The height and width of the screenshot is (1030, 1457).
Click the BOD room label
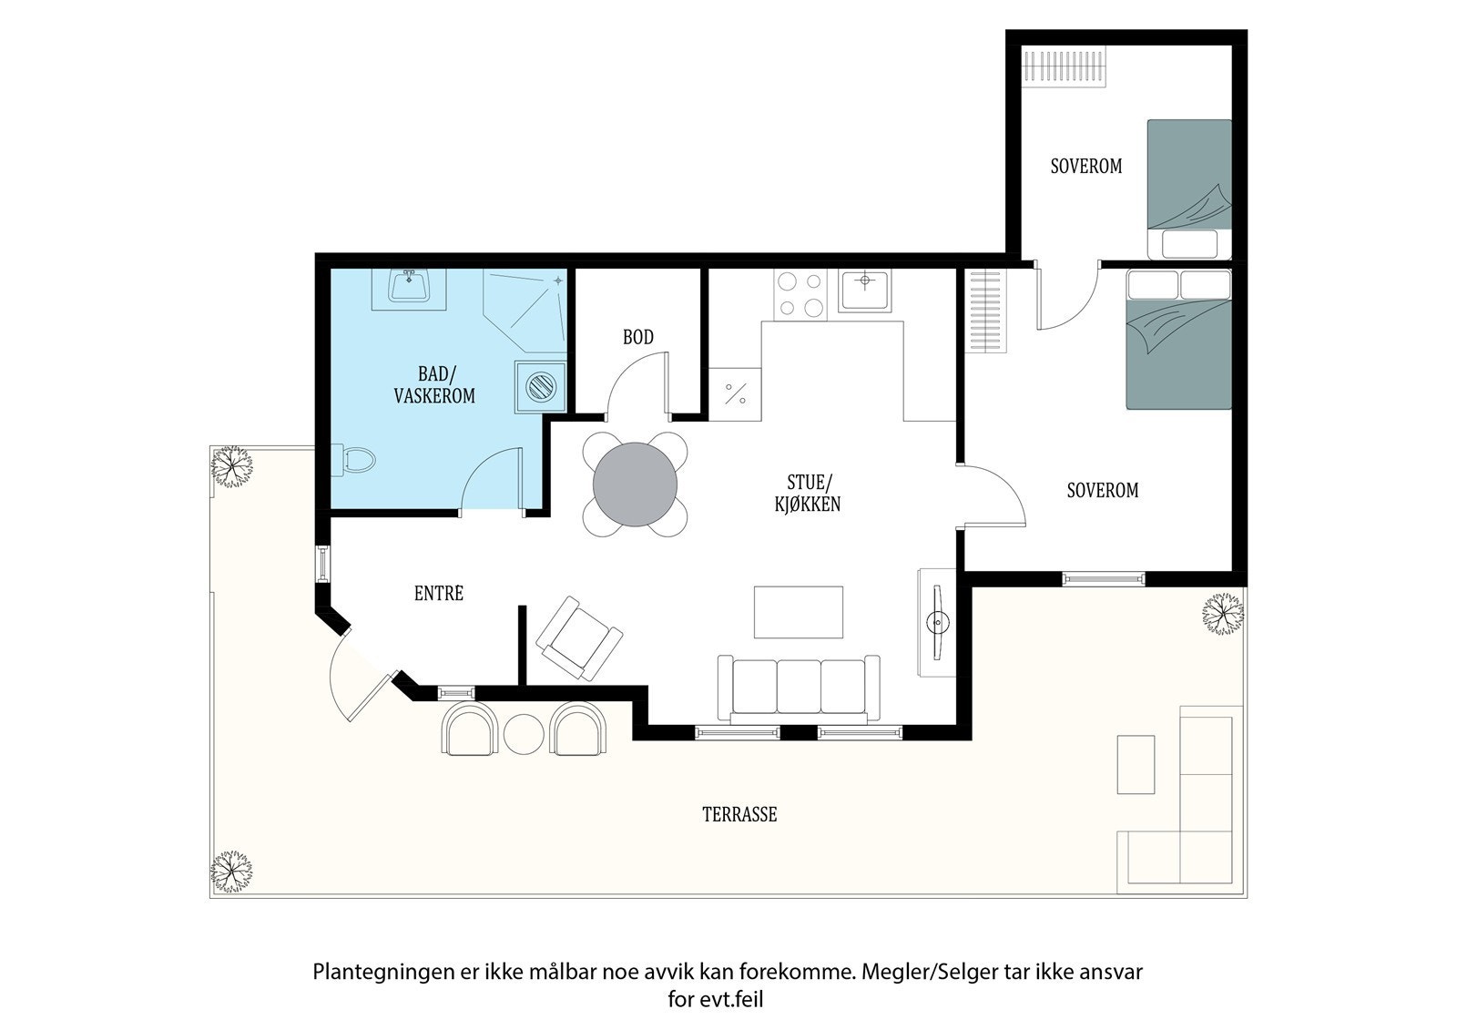pyautogui.click(x=638, y=337)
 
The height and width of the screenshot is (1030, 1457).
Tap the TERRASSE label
pyautogui.click(x=739, y=815)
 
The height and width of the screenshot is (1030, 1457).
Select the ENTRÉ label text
pyautogui.click(x=439, y=593)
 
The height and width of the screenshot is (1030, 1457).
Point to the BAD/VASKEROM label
pyautogui.click(x=434, y=384)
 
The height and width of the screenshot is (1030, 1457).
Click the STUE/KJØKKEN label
pyautogui.click(x=807, y=494)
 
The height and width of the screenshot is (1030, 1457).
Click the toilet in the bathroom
pyautogui.click(x=353, y=460)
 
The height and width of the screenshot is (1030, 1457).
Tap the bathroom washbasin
pyautogui.click(x=409, y=288)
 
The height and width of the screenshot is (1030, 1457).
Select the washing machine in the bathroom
pyautogui.click(x=541, y=387)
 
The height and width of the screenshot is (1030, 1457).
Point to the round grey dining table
pyautogui.click(x=635, y=484)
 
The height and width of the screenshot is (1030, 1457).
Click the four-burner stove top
pyautogui.click(x=800, y=294)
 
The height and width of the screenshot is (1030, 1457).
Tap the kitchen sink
pyautogui.click(x=864, y=291)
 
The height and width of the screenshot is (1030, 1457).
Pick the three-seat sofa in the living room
pyautogui.click(x=799, y=689)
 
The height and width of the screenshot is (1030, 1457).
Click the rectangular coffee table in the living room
pyautogui.click(x=799, y=612)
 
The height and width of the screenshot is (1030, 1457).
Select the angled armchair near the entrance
pyautogui.click(x=579, y=639)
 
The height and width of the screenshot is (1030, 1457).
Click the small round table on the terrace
pyautogui.click(x=524, y=734)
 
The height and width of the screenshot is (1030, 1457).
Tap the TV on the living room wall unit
pyautogui.click(x=937, y=623)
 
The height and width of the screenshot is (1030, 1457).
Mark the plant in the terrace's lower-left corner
pyautogui.click(x=231, y=872)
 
